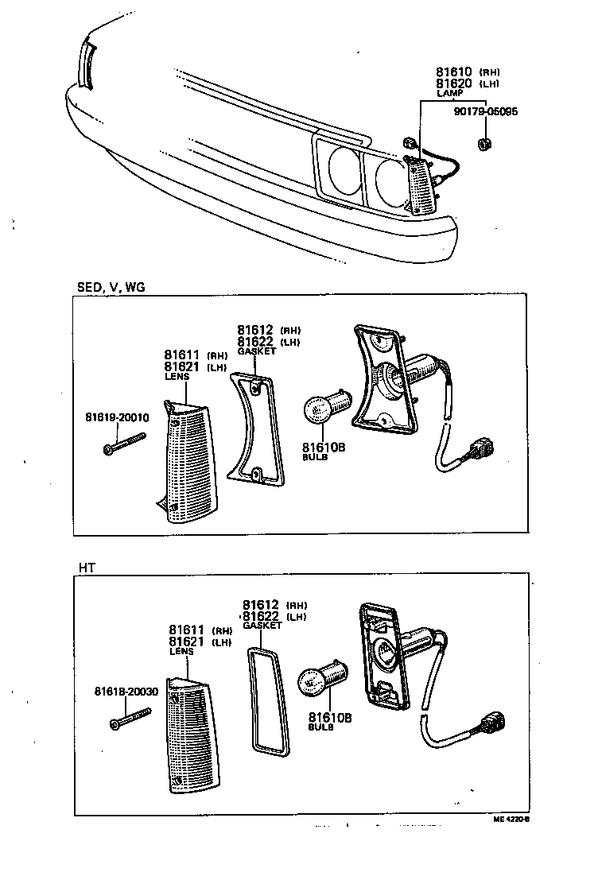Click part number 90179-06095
(x=486, y=111)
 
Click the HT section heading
(x=87, y=567)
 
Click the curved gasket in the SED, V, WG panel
(x=254, y=429)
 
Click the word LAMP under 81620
(x=449, y=94)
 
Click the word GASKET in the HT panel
(x=262, y=626)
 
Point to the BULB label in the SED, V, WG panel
(x=315, y=459)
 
